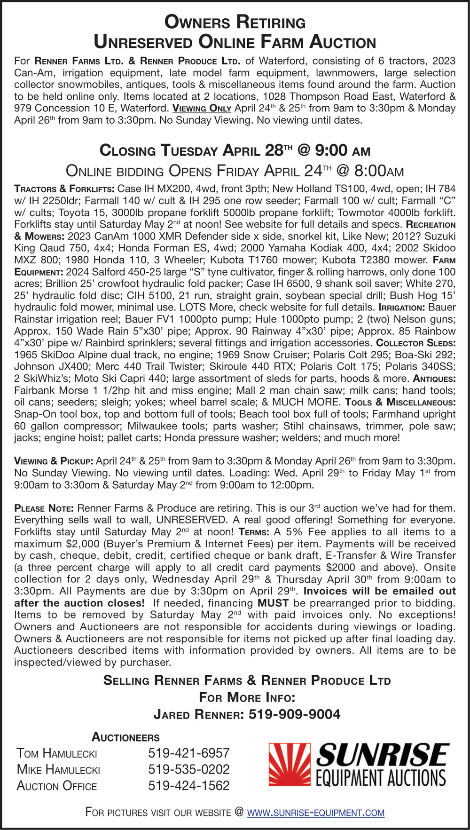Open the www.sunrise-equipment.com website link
point(315,812)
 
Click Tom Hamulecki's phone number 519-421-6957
point(188,753)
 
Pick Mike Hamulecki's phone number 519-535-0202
point(188,769)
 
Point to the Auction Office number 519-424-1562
point(188,785)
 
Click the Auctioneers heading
point(125,737)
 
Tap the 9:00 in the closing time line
point(331,150)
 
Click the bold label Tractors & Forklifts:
point(64,189)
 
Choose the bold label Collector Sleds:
point(415,343)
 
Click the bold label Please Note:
point(44,508)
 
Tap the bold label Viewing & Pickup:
point(54,461)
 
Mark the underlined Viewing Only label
point(202,108)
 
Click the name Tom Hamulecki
point(57,753)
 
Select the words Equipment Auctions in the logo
point(381,778)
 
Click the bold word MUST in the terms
point(273,603)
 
